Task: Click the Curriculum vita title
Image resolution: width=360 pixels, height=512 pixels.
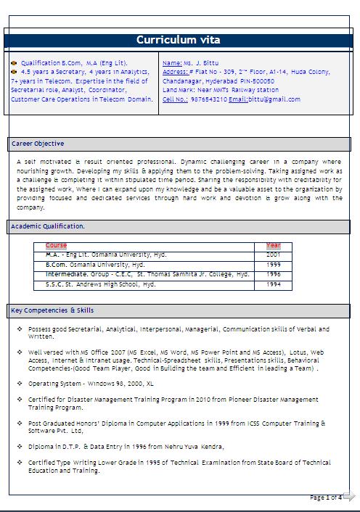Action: [x=178, y=40]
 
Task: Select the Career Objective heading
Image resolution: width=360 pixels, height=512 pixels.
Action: [x=38, y=144]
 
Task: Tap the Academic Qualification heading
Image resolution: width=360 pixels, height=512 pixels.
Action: [x=48, y=226]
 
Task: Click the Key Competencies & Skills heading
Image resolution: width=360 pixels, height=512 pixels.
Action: [x=52, y=310]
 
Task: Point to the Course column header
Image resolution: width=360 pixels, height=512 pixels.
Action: [x=56, y=246]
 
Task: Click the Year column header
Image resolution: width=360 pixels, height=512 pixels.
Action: [x=273, y=246]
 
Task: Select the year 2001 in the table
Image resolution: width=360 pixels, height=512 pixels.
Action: [x=273, y=255]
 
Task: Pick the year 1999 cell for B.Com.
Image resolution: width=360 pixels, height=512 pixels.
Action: [x=273, y=265]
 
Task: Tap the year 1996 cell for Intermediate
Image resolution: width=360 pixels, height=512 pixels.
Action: [x=273, y=275]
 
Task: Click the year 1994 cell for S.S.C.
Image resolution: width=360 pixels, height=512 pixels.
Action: [x=273, y=284]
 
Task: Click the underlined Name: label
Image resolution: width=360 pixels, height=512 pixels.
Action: [x=173, y=63]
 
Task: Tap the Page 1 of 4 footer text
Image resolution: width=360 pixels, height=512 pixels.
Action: [x=325, y=497]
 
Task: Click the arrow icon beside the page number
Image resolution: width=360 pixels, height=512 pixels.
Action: [x=349, y=497]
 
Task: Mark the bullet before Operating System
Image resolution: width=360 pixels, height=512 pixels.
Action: [x=20, y=382]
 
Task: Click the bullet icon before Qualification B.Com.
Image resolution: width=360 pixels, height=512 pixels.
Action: [x=15, y=63]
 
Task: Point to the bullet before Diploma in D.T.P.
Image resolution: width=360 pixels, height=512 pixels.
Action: [x=20, y=446]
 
